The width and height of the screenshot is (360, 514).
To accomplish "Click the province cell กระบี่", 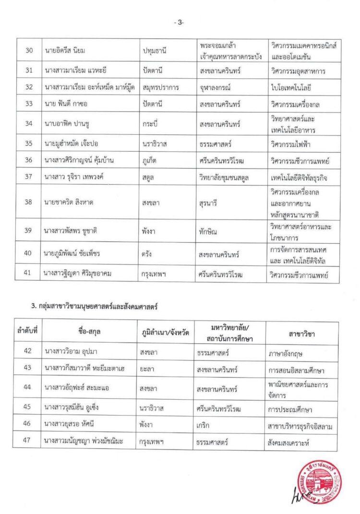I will tap(150, 124).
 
